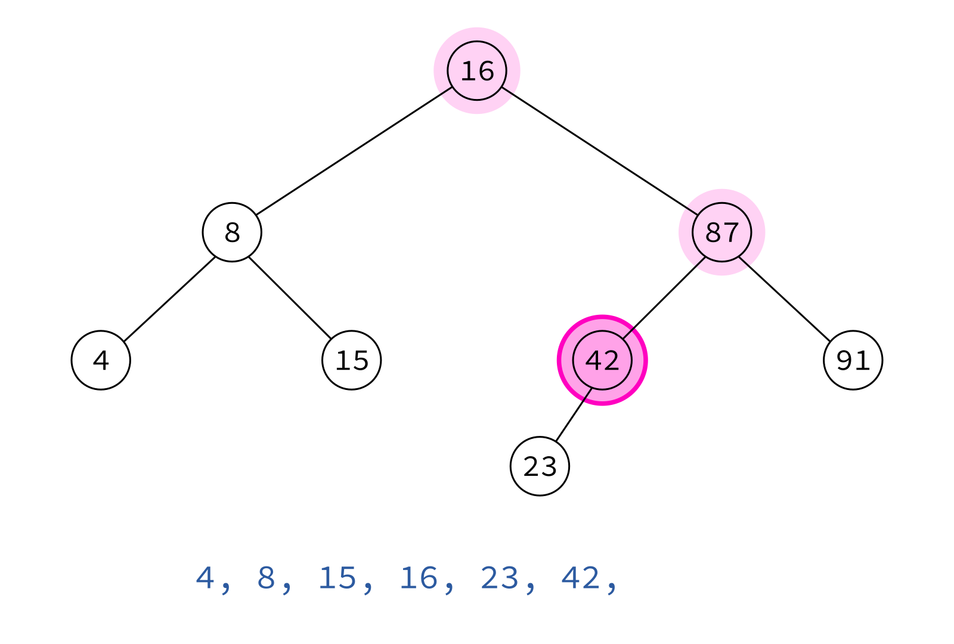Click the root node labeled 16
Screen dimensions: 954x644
tap(477, 71)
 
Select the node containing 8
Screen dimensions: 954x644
tap(232, 232)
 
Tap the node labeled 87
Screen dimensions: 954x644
tap(722, 232)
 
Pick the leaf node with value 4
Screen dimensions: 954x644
tap(101, 360)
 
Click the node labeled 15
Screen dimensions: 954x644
tap(351, 360)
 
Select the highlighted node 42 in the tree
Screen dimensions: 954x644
tap(602, 360)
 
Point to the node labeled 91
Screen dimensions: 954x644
tap(853, 360)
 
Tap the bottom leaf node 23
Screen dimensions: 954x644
tap(540, 466)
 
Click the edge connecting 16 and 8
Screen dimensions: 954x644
tap(354, 151)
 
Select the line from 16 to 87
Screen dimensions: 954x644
tap(600, 151)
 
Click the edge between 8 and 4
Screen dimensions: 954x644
tap(169, 299)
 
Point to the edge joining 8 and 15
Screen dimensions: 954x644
tap(290, 298)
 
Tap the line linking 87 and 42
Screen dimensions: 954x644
tap(664, 298)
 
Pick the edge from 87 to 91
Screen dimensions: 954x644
tap(785, 299)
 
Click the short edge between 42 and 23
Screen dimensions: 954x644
tap(574, 415)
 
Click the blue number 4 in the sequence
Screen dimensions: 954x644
tap(205, 578)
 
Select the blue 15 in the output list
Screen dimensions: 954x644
tap(337, 578)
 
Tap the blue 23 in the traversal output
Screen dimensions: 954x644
tap(499, 578)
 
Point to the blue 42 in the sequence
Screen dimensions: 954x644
tap(580, 578)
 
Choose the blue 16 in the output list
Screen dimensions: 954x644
tap(418, 578)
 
